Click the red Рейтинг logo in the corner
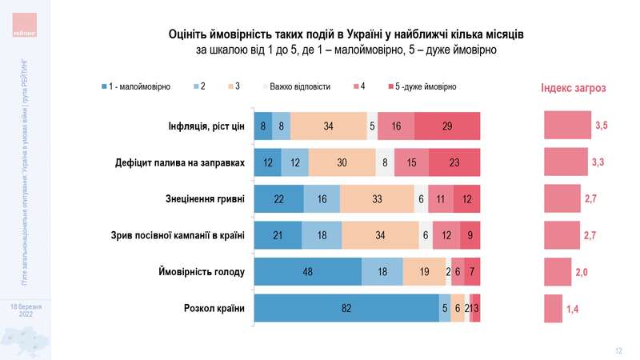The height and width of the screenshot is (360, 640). point(25,23)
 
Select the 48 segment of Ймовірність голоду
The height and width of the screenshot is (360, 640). point(307,272)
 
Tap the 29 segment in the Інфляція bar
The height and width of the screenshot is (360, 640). point(447,126)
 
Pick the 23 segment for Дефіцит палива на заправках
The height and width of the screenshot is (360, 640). point(454,162)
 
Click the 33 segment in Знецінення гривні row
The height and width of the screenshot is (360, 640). point(377,199)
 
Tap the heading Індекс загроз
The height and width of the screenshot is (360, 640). point(573,88)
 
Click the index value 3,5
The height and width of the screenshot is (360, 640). point(602,126)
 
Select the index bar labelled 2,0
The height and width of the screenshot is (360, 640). point(558,272)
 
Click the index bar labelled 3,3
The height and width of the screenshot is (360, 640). point(566,162)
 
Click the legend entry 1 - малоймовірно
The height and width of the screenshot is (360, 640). point(136,86)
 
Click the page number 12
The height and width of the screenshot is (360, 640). point(618,350)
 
